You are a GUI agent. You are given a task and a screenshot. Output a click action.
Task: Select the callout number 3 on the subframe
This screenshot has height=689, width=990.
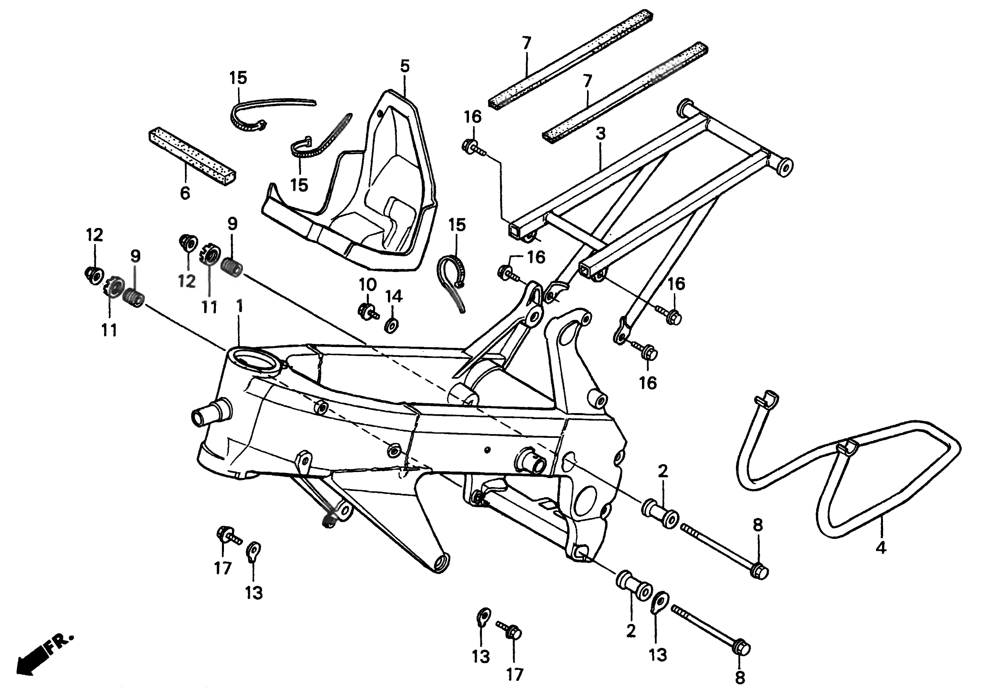(x=600, y=134)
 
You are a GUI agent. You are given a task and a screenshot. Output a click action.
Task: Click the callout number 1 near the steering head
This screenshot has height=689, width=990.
(x=240, y=306)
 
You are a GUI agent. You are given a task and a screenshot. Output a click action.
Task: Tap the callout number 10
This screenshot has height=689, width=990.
(x=367, y=285)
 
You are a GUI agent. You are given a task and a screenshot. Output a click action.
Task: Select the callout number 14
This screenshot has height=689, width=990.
(x=394, y=297)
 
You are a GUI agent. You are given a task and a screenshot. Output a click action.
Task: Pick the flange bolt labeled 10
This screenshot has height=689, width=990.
(x=366, y=311)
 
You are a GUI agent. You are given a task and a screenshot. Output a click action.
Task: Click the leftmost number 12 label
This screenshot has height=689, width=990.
(x=95, y=235)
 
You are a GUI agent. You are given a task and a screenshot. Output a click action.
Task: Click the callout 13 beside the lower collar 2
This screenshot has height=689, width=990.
(x=658, y=655)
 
